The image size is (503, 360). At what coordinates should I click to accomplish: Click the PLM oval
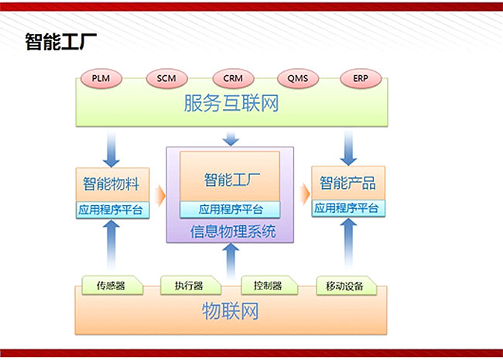101,78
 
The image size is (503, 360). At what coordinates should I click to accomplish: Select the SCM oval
166,78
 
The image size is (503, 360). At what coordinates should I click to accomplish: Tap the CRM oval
233,78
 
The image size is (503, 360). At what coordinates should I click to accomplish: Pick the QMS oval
298,78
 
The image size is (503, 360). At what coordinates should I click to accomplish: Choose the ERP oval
361,78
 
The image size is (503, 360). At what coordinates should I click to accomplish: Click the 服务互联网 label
231,103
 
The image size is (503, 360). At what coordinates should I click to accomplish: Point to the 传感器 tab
112,285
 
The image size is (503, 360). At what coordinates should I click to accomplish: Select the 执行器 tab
190,285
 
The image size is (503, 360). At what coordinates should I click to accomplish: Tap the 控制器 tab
269,285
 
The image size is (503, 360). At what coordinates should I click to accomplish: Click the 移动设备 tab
346,286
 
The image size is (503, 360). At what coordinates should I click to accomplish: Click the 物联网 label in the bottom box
231,311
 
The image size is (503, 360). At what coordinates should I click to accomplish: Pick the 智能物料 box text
111,183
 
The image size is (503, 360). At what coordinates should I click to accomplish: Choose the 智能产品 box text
347,183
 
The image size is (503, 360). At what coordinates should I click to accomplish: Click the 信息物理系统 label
233,231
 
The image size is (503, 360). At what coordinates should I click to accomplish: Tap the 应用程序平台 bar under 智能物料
113,210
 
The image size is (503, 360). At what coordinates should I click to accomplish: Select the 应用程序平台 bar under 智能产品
348,208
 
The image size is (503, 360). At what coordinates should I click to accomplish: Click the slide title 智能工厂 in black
61,42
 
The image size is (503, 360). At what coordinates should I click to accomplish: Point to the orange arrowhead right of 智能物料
160,195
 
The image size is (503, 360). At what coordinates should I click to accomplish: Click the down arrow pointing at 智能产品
348,148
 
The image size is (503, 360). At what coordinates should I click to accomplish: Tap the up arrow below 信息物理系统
231,261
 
